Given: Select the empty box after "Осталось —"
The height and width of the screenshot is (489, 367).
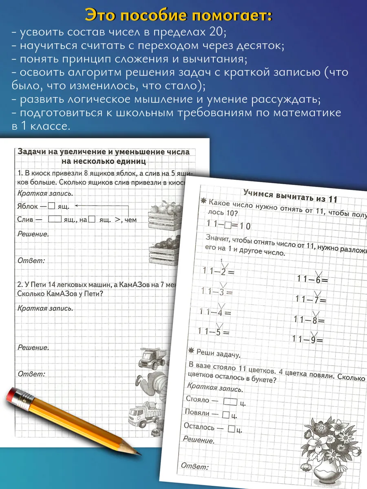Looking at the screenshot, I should tap(231, 428).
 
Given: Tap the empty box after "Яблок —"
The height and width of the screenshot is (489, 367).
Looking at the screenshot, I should tap(51, 206).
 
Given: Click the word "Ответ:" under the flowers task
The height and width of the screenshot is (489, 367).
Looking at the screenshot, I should tap(195, 467).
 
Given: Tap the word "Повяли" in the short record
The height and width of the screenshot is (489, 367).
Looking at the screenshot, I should tap(197, 413).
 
